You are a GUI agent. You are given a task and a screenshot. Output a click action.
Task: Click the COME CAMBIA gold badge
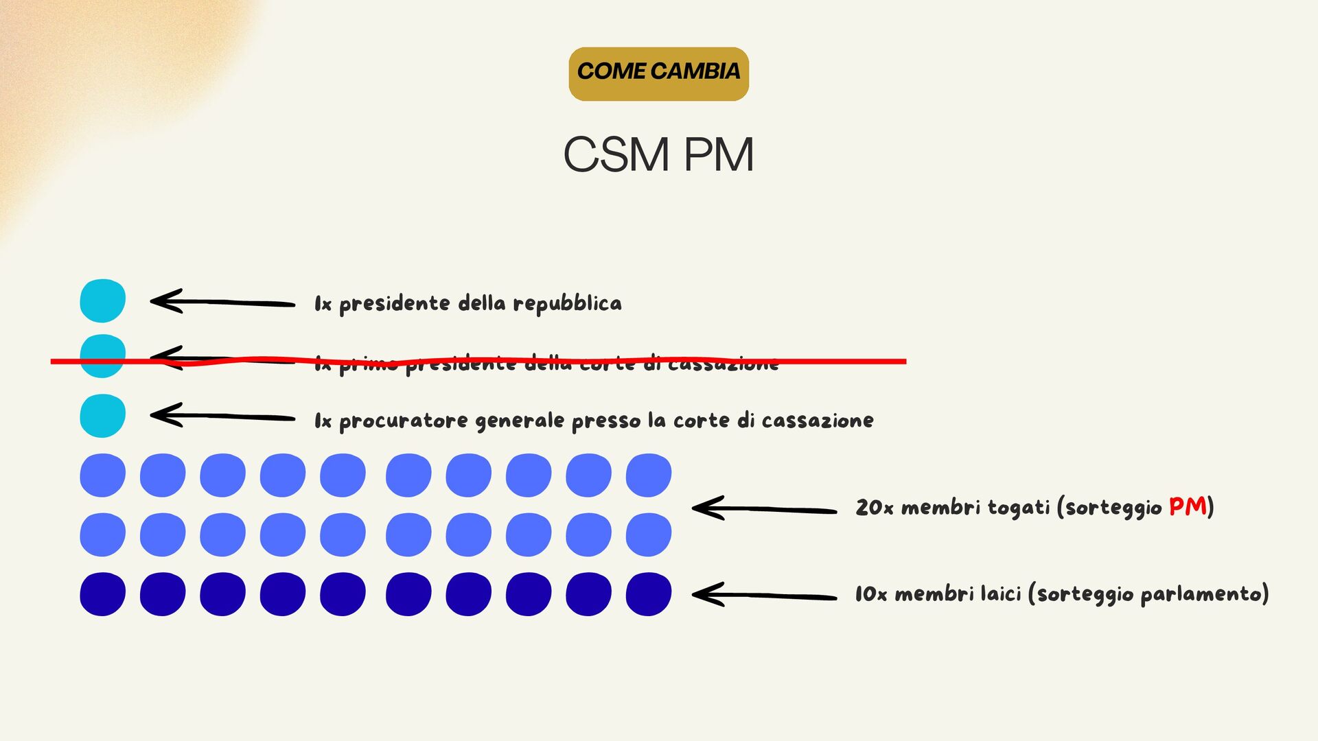[658, 73]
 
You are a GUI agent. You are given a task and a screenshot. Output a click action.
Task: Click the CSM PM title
[658, 154]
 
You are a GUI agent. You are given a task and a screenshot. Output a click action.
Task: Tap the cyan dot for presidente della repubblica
[102, 301]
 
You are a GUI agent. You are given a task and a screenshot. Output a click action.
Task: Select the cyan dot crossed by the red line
[102, 356]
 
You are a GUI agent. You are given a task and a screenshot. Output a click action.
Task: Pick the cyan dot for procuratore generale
[102, 416]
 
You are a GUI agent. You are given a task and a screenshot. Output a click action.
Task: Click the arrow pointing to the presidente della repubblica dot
[222, 302]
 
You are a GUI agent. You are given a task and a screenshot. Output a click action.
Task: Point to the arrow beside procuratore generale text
[222, 416]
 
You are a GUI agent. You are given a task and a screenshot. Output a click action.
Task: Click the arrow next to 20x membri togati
[763, 508]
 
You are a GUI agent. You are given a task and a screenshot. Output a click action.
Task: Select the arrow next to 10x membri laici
[763, 595]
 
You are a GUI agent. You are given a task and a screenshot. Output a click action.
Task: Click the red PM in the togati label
[1188, 506]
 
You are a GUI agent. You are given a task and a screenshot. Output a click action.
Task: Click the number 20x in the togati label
[874, 508]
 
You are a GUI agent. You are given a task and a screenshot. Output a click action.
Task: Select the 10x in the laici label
[871, 594]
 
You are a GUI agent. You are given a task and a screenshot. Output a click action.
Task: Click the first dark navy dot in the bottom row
[102, 594]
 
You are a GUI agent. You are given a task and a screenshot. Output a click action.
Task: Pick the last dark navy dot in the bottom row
[649, 594]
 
